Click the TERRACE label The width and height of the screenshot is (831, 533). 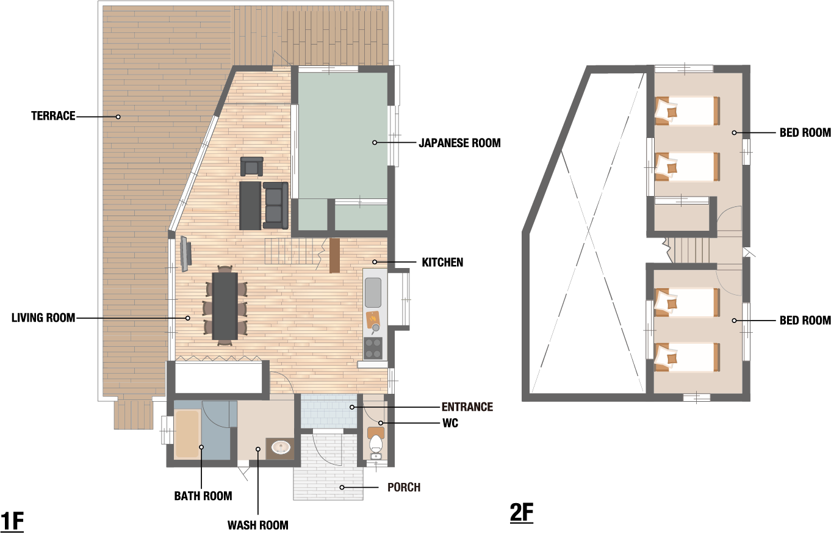click(53, 116)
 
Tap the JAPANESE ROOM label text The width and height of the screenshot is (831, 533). click(459, 143)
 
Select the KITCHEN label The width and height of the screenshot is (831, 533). click(442, 263)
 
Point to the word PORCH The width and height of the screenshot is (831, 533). click(404, 487)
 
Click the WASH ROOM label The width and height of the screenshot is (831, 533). click(258, 525)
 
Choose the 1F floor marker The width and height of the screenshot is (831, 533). click(12, 521)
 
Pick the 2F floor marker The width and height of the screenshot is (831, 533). click(522, 513)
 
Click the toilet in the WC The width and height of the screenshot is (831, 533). click(376, 443)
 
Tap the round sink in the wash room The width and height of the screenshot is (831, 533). click(281, 448)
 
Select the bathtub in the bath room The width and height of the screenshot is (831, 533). click(188, 433)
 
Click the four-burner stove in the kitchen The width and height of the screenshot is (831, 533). click(373, 348)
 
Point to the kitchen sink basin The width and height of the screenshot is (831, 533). click(373, 292)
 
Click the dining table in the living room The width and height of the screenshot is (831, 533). click(225, 306)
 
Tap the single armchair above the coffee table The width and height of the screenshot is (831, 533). click(252, 166)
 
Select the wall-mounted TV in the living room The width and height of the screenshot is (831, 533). click(185, 253)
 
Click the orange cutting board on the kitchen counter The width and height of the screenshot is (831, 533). click(373, 319)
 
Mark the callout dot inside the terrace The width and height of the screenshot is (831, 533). click(118, 117)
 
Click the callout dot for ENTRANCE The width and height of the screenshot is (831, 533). click(351, 407)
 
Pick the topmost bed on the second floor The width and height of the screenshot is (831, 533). click(687, 111)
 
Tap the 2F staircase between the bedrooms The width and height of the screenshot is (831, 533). click(691, 250)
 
